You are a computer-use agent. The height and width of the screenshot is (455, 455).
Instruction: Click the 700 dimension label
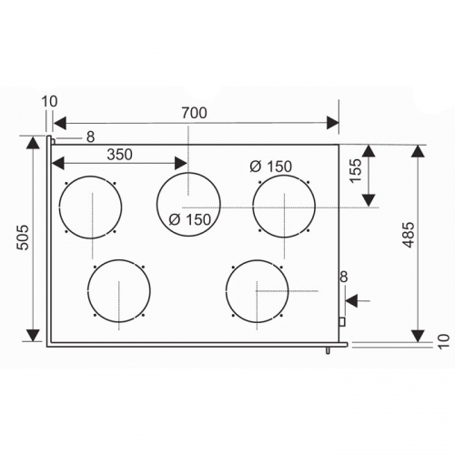[194, 113]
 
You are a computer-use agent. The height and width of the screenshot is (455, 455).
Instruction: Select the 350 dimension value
[119, 155]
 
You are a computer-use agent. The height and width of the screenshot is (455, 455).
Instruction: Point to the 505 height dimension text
[23, 238]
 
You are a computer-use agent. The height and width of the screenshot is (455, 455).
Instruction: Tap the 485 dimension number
[409, 235]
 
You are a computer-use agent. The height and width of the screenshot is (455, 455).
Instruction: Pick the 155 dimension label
[356, 170]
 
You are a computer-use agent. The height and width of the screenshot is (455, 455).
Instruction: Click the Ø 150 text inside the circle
[189, 219]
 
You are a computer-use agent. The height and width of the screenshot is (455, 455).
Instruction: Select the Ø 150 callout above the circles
[271, 167]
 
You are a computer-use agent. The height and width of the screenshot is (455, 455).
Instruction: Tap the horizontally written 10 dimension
[49, 102]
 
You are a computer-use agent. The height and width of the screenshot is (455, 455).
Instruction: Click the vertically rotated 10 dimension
[443, 341]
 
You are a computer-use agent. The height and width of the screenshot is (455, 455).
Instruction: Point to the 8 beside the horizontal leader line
[90, 137]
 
